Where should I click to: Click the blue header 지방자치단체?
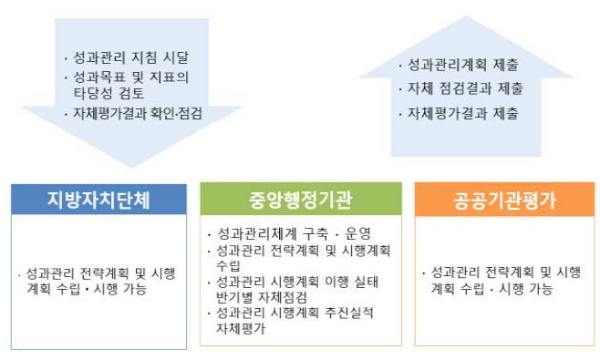click(x=99, y=199)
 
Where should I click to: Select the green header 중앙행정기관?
click(x=300, y=199)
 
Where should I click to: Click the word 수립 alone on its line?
click(x=229, y=265)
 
